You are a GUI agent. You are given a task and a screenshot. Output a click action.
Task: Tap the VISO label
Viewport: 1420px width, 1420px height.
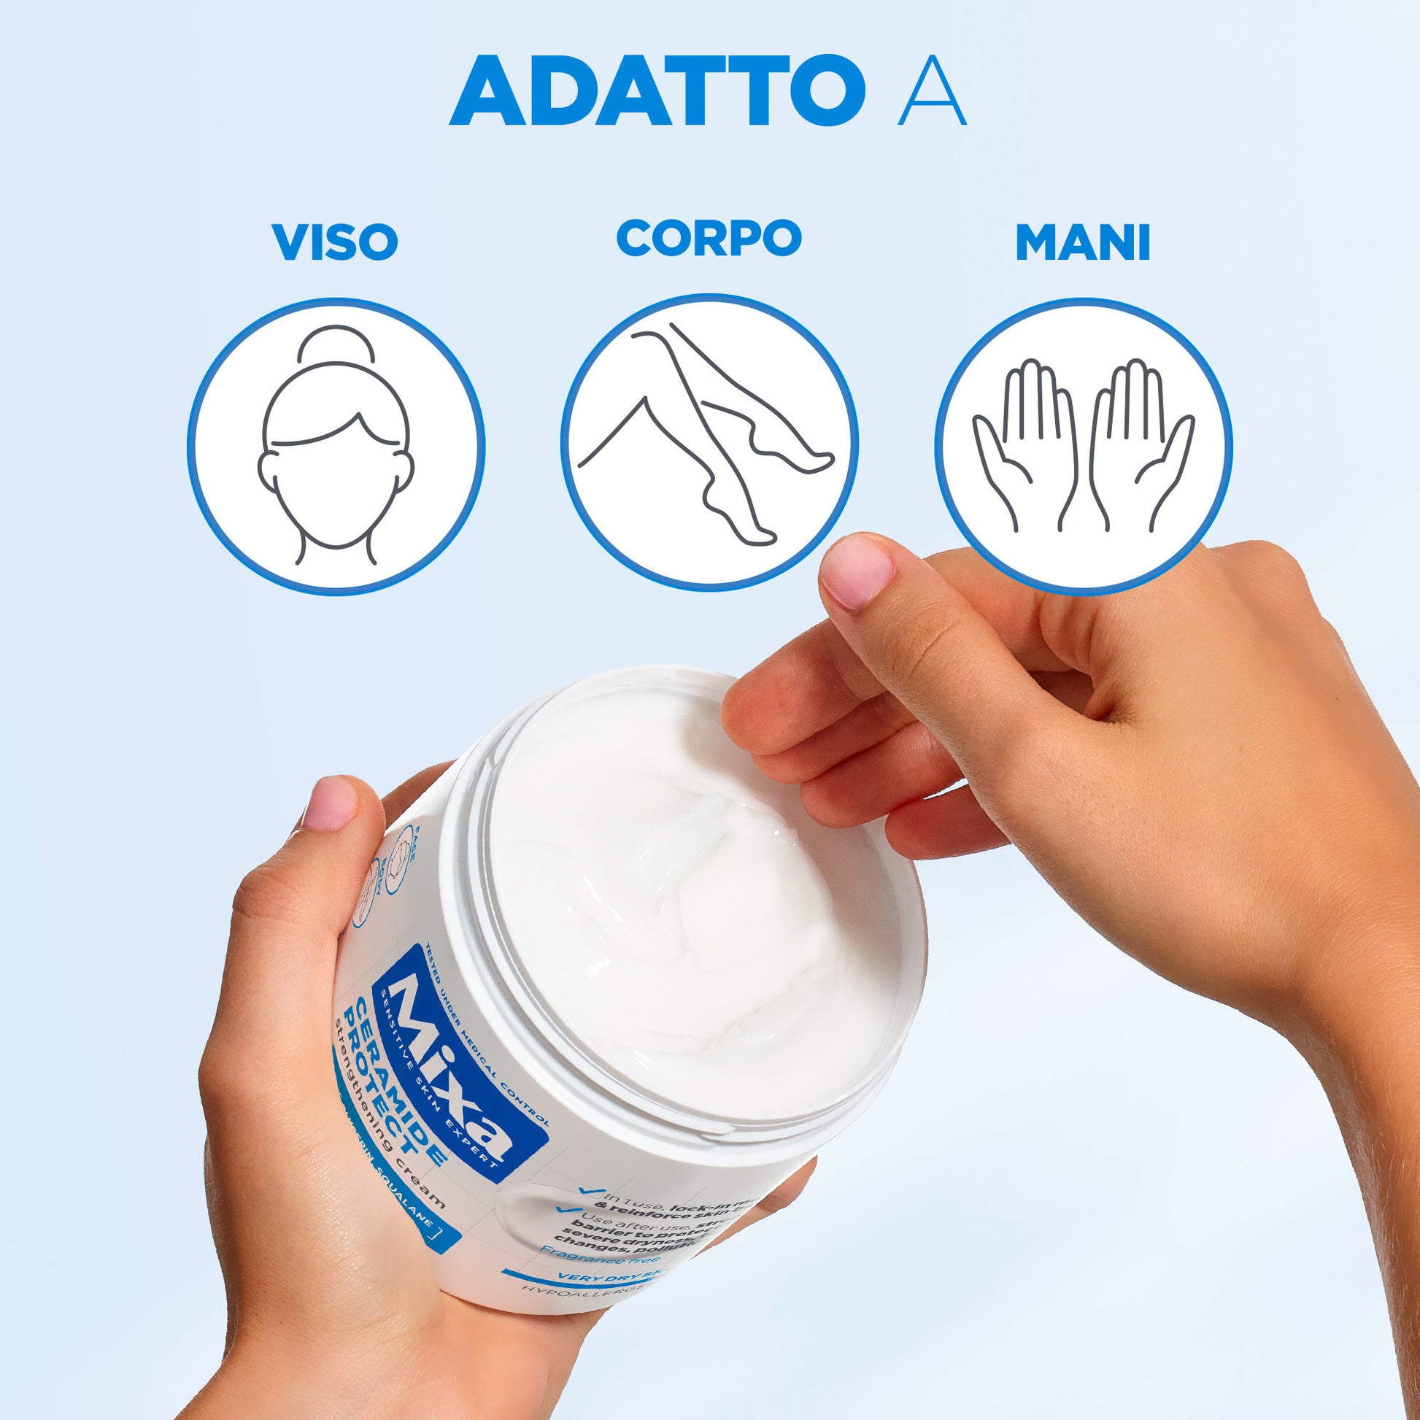click(x=335, y=242)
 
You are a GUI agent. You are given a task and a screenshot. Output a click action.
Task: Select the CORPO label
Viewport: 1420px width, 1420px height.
click(x=709, y=237)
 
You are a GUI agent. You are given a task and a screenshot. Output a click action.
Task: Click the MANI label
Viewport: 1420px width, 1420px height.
click(x=1083, y=243)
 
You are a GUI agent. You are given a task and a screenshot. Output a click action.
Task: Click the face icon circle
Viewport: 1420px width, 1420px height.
click(x=336, y=446)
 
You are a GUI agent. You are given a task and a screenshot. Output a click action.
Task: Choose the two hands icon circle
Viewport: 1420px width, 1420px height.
click(x=1083, y=446)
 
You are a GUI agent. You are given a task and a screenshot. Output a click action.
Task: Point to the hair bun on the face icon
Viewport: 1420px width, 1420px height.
click(x=336, y=343)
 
